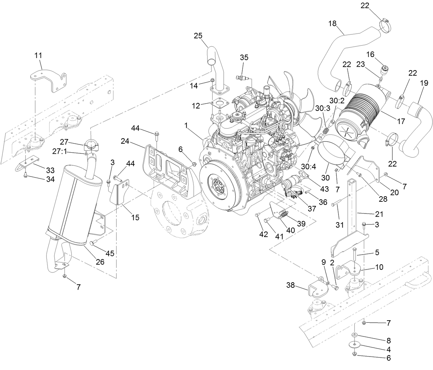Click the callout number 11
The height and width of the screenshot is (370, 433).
tap(38, 55)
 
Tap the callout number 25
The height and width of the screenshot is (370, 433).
tap(198, 36)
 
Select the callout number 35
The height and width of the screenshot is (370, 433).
tap(244, 58)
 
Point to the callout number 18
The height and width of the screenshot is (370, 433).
tap(332, 23)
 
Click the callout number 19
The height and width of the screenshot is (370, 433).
tap(424, 83)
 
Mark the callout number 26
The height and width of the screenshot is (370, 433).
tap(100, 262)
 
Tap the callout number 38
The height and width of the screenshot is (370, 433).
tap(291, 285)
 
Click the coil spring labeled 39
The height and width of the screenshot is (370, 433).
tap(283, 215)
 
